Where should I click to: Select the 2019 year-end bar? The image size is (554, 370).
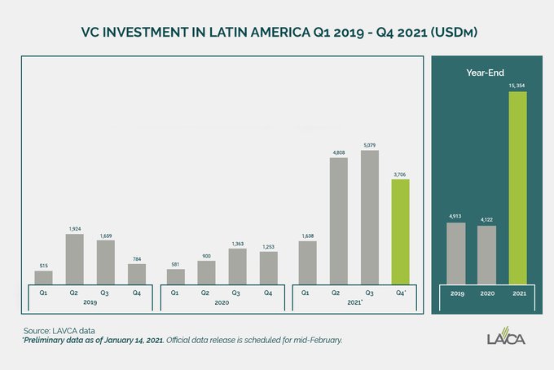tap(455, 252)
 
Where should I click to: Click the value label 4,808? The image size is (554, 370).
tap(338, 152)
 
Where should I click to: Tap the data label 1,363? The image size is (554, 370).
tap(237, 243)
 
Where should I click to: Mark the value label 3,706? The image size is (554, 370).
tap(401, 174)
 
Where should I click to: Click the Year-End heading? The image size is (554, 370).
tap(485, 73)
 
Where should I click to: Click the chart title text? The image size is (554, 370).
tap(277, 33)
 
